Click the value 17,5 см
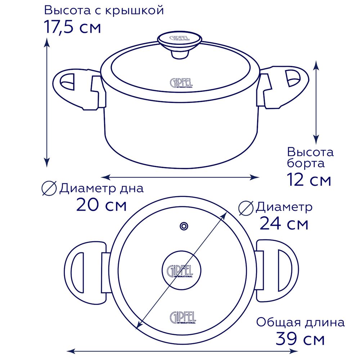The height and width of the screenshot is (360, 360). (72, 27)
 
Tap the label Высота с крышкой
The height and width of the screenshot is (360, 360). (104, 10)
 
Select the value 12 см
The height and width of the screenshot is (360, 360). (309, 179)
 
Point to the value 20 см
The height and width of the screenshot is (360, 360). (101, 206)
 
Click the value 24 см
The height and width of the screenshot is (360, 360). (284, 224)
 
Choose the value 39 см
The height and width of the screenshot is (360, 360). (300, 339)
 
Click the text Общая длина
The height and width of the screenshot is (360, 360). (300, 322)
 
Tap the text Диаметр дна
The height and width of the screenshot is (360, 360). (101, 188)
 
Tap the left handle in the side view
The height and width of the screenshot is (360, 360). (74, 88)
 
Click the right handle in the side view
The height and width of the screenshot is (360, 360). (286, 86)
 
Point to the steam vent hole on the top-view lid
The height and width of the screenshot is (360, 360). (184, 226)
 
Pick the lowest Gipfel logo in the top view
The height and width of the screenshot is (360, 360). (183, 317)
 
